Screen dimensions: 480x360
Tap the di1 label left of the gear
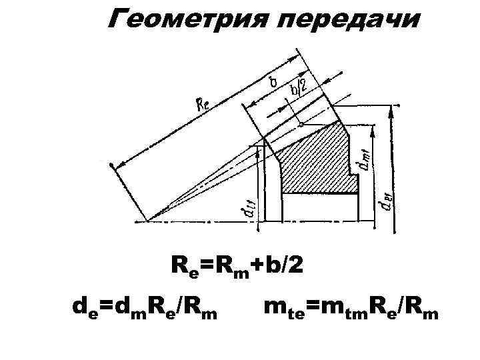pos(246,207)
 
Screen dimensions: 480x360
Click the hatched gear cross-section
pos(313,160)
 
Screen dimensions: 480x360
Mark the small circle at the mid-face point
pos(301,123)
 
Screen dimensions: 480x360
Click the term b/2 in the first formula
pos(283,266)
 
